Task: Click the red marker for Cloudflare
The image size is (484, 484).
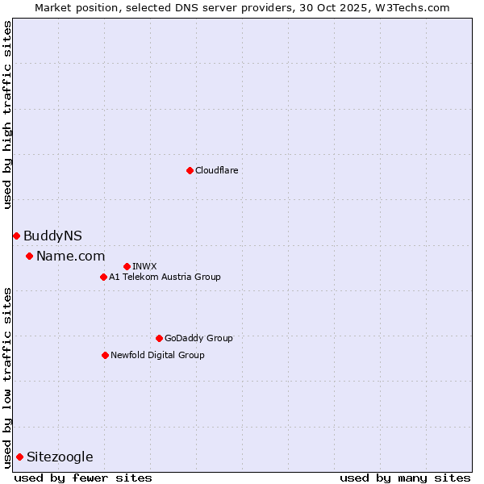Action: (190, 170)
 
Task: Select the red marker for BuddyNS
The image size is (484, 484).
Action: (16, 236)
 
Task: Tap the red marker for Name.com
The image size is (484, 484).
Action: (29, 256)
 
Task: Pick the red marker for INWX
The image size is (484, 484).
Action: (127, 266)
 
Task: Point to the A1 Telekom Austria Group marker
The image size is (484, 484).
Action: (103, 277)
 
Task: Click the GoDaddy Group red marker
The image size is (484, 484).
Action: (159, 338)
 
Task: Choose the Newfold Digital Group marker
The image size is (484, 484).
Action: (105, 355)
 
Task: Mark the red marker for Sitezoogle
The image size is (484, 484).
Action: (19, 457)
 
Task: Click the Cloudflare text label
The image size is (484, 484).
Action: (217, 170)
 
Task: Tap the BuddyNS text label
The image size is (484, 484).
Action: (52, 236)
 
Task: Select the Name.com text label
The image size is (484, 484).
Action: (71, 256)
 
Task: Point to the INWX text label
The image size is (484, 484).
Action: (144, 266)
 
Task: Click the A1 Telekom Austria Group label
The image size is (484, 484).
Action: (165, 277)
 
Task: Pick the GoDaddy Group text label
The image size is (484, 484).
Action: (198, 338)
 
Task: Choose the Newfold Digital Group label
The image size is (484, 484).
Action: (157, 355)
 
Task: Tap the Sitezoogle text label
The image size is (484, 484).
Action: (60, 457)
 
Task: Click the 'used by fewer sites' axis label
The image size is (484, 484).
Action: (83, 478)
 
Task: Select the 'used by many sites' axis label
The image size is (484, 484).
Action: (405, 478)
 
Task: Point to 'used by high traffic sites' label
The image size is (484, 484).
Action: (7, 115)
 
